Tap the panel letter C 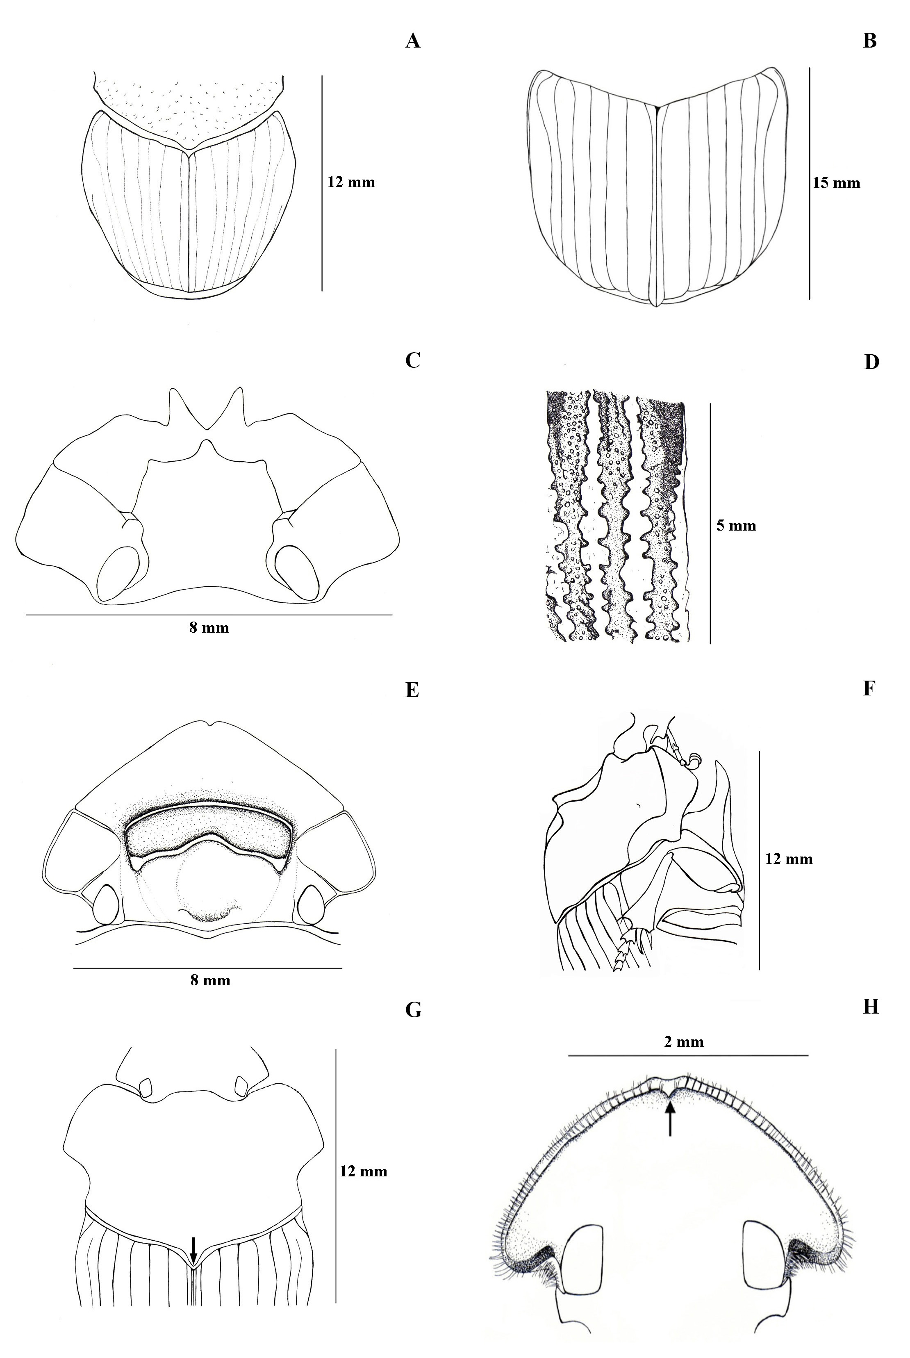coord(413,360)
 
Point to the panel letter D coord(871,362)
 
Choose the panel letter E coord(412,690)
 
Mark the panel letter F coord(869,688)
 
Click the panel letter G coord(413,1010)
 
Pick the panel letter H coord(871,1007)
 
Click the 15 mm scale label coord(836,183)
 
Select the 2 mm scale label coord(684,1042)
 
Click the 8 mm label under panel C coord(209,627)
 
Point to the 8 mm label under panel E coord(210,980)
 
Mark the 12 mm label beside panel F coord(789,859)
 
